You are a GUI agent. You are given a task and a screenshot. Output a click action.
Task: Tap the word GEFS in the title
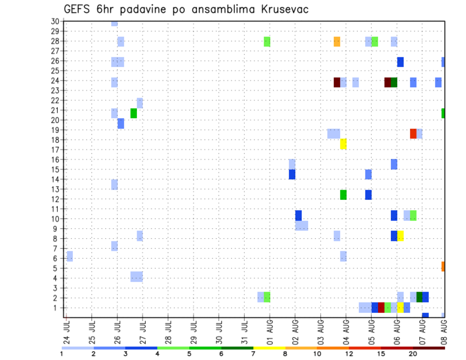pyautogui.click(x=78, y=9)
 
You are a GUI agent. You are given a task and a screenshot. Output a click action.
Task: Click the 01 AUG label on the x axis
pyautogui.click(x=270, y=332)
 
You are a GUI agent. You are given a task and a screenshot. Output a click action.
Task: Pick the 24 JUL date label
pyautogui.click(x=67, y=332)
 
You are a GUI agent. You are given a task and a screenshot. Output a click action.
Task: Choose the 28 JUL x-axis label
pyautogui.click(x=168, y=332)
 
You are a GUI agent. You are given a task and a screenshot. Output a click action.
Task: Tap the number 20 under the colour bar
pyautogui.click(x=413, y=354)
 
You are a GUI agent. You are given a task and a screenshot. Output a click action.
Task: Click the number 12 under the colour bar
pyautogui.click(x=349, y=354)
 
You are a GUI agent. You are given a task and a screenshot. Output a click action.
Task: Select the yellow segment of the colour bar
pyautogui.click(x=269, y=348)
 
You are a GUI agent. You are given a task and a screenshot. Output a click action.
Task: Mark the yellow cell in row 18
pyautogui.click(x=343, y=144)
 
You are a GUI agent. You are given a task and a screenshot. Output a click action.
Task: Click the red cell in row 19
pyautogui.click(x=413, y=133)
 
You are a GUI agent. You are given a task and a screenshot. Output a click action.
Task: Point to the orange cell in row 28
pyautogui.click(x=337, y=42)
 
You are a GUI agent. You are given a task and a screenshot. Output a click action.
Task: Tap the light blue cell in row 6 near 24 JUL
pyautogui.click(x=70, y=256)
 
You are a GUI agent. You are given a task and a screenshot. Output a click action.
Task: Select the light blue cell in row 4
pyautogui.click(x=136, y=276)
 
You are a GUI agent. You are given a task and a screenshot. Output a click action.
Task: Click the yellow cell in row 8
pyautogui.click(x=400, y=236)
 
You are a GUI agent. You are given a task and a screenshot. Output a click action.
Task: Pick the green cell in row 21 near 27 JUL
pyautogui.click(x=133, y=113)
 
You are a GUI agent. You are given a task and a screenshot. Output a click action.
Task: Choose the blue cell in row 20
pyautogui.click(x=121, y=123)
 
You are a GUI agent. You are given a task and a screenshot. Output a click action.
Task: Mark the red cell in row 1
pyautogui.click(x=381, y=307)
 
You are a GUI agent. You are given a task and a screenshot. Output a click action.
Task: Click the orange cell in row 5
pyautogui.click(x=443, y=266)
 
